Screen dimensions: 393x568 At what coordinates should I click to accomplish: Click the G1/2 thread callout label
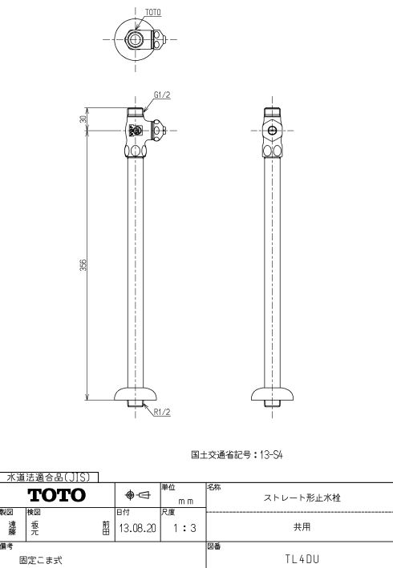[162, 95]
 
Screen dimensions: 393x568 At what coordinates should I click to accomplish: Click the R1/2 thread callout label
[162, 412]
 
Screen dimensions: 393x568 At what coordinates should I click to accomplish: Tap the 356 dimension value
[83, 264]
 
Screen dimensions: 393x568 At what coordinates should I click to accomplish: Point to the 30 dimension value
[83, 119]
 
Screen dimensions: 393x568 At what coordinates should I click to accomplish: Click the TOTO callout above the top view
[152, 12]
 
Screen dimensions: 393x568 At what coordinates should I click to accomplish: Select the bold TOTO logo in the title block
[57, 495]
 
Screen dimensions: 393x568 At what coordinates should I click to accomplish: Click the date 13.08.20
[137, 528]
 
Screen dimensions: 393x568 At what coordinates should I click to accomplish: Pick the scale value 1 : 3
[184, 528]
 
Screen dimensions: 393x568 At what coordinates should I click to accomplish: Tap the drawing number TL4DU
[302, 559]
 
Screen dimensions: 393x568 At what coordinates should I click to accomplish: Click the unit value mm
[185, 502]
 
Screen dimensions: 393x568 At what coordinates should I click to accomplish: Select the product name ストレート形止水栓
[302, 498]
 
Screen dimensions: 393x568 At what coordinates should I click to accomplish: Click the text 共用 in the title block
[302, 526]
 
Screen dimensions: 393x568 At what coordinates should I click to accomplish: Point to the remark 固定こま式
[41, 560]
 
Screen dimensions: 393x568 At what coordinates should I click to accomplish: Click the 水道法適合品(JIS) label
[48, 477]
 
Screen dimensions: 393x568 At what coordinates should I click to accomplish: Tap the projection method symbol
[137, 495]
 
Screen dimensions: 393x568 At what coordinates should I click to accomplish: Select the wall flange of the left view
[136, 394]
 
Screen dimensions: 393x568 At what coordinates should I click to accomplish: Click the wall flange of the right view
[272, 394]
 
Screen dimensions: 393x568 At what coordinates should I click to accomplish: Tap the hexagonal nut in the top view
[135, 38]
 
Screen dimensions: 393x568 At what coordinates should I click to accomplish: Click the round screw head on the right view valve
[272, 131]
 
